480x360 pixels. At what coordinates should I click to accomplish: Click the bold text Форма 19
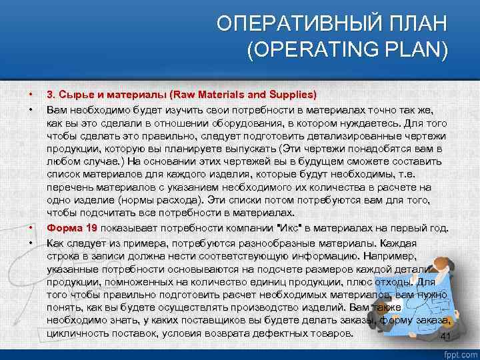73,228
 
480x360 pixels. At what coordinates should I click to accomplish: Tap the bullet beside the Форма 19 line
31,228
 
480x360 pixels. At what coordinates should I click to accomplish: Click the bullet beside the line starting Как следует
31,241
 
